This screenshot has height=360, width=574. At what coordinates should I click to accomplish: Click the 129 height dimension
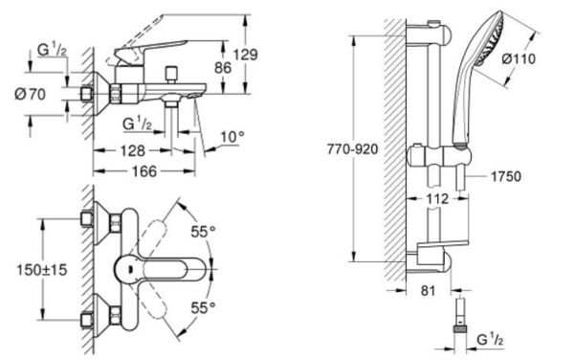pos(246,55)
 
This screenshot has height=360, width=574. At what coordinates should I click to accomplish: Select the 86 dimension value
pos(223,68)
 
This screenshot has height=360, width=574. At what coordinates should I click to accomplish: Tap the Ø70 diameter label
pos(30,95)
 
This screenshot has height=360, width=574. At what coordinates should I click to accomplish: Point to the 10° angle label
pos(232,137)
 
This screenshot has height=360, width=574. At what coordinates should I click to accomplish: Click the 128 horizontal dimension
pos(133,150)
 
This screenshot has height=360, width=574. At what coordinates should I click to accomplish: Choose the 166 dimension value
pos(144,171)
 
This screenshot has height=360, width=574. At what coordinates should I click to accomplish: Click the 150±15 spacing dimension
pos(42,270)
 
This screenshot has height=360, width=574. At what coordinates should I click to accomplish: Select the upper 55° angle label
pos(203,231)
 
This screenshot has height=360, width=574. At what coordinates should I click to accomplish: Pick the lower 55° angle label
pos(203,307)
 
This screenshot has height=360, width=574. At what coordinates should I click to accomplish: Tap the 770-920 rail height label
pos(352,149)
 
